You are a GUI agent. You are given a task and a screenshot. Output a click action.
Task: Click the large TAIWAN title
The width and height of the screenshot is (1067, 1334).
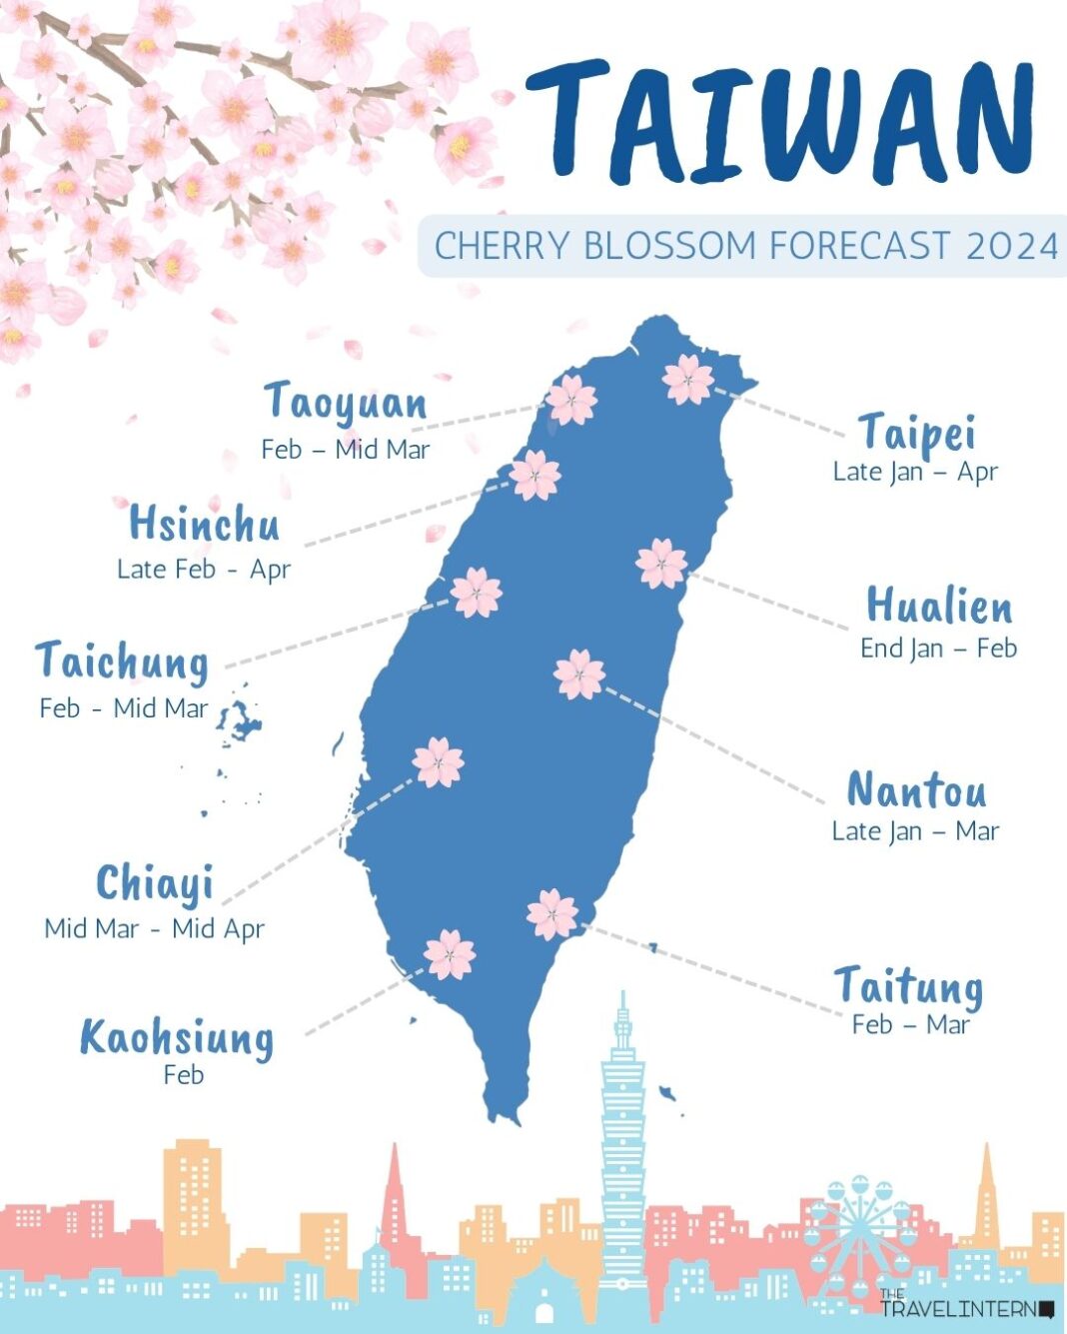tap(780, 123)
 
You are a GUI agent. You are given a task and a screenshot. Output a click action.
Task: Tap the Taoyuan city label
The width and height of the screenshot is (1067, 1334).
tap(346, 403)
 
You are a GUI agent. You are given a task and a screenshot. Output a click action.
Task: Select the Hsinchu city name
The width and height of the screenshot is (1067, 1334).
tap(204, 525)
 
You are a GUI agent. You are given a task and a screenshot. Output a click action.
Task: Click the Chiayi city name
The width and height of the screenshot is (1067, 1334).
tap(155, 883)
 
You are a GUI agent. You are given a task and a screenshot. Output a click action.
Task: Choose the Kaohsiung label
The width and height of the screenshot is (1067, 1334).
tap(177, 1037)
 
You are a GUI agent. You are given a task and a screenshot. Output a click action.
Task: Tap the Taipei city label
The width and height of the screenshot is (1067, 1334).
tap(916, 433)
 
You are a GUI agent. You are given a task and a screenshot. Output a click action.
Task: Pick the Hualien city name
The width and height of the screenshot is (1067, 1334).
tap(939, 607)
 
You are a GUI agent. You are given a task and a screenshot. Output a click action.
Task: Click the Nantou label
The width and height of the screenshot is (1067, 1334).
tap(916, 790)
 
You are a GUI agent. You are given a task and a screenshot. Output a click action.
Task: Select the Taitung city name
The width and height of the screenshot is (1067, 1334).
tap(908, 986)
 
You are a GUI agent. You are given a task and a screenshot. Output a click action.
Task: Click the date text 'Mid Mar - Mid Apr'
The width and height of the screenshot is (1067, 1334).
tap(154, 928)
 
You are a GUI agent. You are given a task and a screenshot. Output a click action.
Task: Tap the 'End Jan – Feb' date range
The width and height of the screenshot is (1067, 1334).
tap(938, 649)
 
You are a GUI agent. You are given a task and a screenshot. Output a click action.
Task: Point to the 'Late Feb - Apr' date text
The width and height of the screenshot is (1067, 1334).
tap(203, 570)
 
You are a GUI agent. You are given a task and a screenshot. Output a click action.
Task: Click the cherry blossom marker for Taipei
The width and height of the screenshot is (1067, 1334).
tap(688, 380)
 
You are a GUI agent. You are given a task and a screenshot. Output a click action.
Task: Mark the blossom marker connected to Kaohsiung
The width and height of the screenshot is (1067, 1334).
tap(449, 954)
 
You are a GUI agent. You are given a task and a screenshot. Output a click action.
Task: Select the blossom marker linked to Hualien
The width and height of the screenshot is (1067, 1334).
tap(661, 564)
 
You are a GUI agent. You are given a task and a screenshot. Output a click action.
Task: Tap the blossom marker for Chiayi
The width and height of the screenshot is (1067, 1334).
tap(438, 762)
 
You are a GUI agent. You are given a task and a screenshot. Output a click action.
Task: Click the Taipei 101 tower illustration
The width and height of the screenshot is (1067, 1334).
tap(622, 1139)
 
